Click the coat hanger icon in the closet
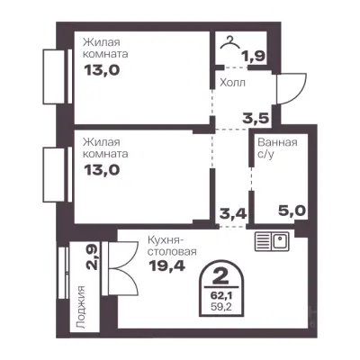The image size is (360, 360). pyautogui.click(x=230, y=42)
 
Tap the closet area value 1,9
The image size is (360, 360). pyautogui.click(x=254, y=56)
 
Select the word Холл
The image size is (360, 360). pyautogui.click(x=232, y=83)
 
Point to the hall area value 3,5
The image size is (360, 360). pyautogui.click(x=255, y=119)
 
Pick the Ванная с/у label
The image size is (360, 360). pyautogui.click(x=277, y=148)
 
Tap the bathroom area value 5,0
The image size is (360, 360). pyautogui.click(x=292, y=211)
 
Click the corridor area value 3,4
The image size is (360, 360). pyautogui.click(x=233, y=214)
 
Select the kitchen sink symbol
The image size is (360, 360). pyautogui.click(x=272, y=241)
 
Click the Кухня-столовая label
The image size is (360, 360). pyautogui.click(x=172, y=246)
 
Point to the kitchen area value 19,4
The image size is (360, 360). pyautogui.click(x=167, y=265)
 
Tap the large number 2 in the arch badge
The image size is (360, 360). pyautogui.click(x=220, y=276)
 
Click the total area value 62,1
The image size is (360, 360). pyautogui.click(x=220, y=295)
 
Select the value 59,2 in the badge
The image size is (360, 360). pyautogui.click(x=220, y=307)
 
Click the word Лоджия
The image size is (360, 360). pyautogui.click(x=81, y=307)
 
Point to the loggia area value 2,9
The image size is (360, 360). pyautogui.click(x=93, y=257)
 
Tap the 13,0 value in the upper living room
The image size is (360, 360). pyautogui.click(x=102, y=70)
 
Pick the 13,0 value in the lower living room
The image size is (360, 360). pyautogui.click(x=102, y=170)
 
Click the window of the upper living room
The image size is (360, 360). pyautogui.click(x=58, y=76)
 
